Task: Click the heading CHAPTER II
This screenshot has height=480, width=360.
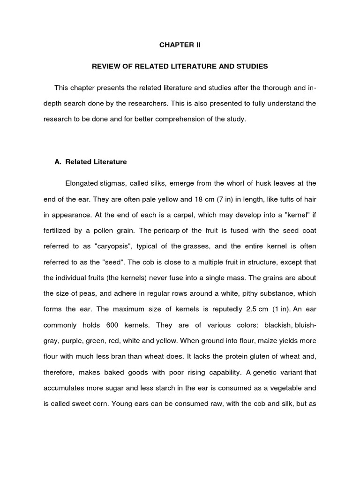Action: [x=180, y=45]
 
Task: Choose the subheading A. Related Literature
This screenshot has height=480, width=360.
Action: [x=90, y=162]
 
